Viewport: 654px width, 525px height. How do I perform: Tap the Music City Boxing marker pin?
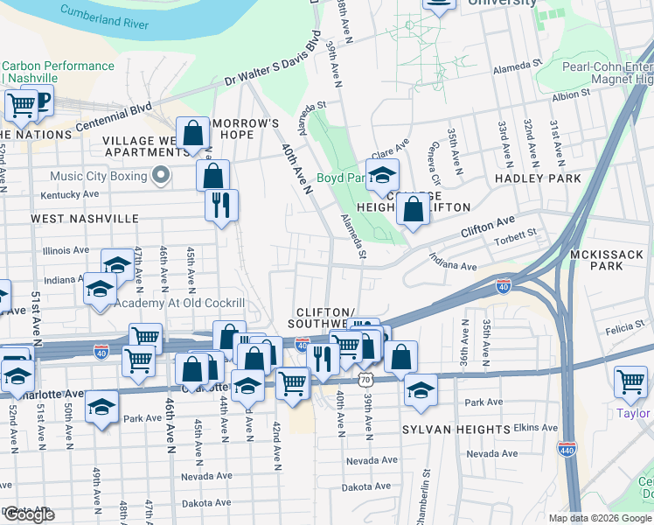(160, 177)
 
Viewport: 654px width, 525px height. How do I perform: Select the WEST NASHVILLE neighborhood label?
(84, 218)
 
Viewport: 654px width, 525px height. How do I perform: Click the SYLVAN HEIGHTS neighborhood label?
(456, 430)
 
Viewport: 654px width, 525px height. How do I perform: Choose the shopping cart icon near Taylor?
(630, 382)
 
